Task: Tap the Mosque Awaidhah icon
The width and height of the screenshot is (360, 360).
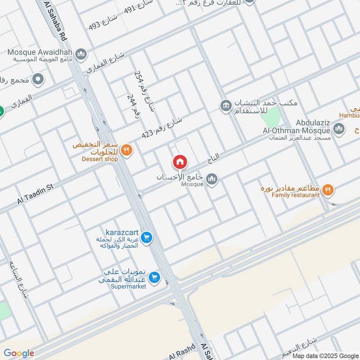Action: (81, 54)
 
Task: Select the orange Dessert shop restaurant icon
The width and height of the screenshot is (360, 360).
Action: (126, 150)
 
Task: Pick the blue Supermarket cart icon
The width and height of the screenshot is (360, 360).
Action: (154, 277)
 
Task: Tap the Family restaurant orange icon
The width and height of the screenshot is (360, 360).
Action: (328, 190)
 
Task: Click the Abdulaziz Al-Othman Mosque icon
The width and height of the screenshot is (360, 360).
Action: (339, 130)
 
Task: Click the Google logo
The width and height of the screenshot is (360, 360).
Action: (19, 353)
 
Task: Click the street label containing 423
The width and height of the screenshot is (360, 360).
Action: (162, 128)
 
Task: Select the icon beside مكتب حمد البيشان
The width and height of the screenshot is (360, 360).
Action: (225, 106)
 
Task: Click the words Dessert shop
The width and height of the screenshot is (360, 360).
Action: (100, 159)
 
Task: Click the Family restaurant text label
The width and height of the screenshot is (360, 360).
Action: (289, 195)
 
